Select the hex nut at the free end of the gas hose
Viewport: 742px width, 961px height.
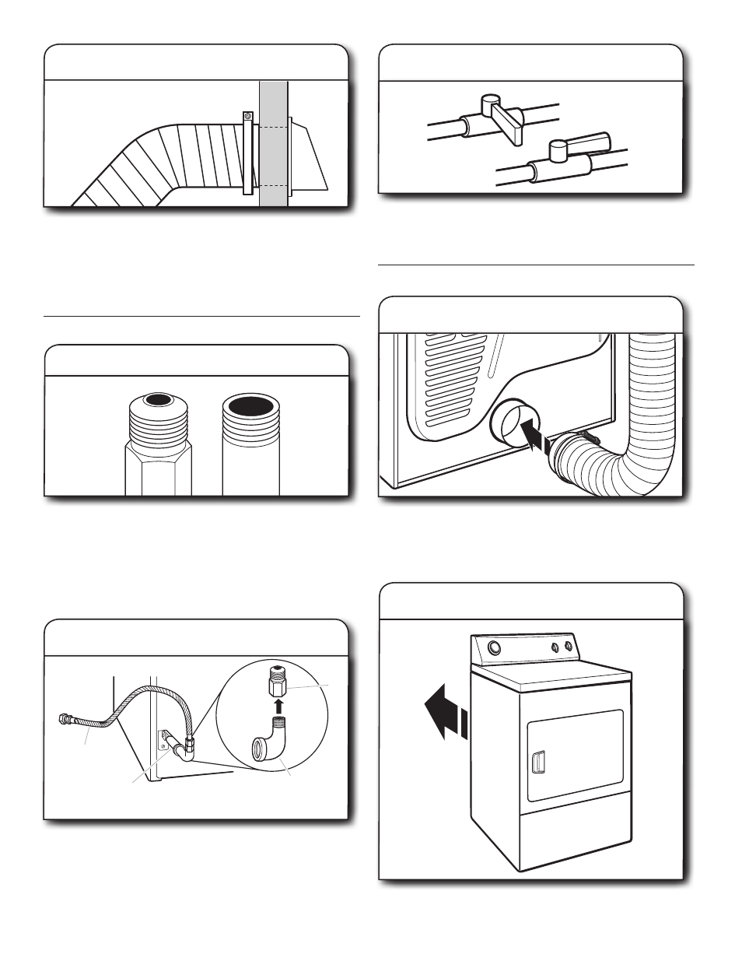click(65, 717)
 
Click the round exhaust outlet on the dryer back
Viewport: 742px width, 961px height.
click(510, 426)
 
